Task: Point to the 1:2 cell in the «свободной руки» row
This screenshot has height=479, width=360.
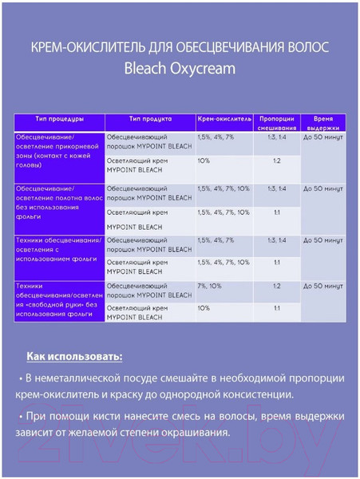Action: (x=276, y=285)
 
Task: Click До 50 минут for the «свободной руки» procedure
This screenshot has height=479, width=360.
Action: (x=323, y=285)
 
